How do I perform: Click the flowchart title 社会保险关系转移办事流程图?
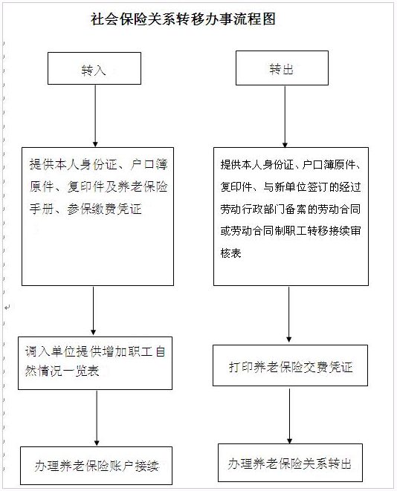coord(183,19)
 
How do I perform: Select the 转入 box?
coord(94,68)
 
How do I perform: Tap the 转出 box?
coord(282,68)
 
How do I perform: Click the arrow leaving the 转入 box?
coord(95,116)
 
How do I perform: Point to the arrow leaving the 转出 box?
coord(285,117)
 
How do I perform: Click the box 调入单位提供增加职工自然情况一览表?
coord(95,363)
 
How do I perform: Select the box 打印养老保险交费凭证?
coord(290,365)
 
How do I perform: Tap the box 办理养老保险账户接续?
coord(96,466)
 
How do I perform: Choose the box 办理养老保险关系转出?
coord(290,463)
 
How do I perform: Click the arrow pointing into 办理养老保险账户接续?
coord(97,418)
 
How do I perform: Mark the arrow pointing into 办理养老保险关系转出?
coord(289,416)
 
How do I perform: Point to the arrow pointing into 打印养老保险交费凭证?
coord(289,314)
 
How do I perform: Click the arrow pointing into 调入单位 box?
coord(93,311)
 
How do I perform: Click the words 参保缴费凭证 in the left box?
coord(104,209)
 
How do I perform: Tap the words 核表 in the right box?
coord(230,253)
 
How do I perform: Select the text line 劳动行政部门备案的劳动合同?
coord(291,209)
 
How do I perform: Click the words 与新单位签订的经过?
coord(312,187)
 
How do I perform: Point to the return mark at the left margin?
coord(7,308)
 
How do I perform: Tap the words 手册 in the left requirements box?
coord(42,209)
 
